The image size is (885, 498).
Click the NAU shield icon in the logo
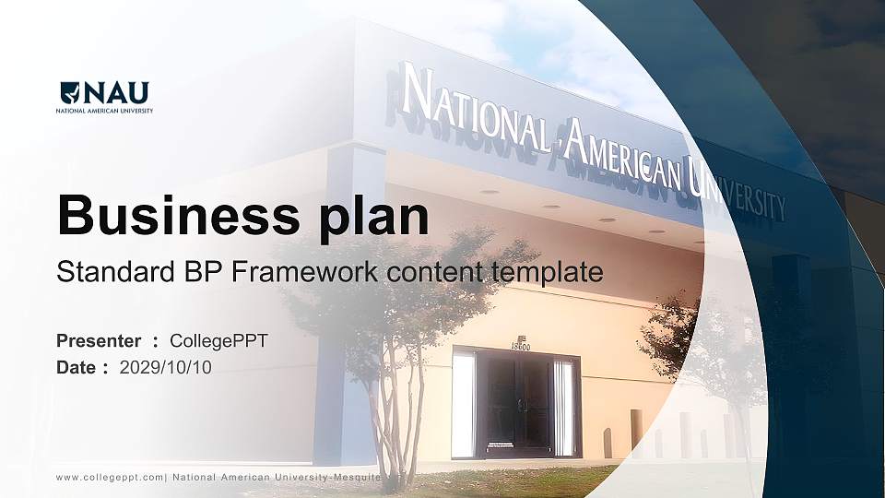click(69, 93)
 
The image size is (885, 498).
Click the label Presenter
click(99, 341)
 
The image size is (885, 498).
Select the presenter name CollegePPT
click(218, 341)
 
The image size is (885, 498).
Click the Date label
click(77, 367)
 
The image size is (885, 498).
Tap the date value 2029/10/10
click(166, 367)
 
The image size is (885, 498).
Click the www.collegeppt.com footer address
click(110, 477)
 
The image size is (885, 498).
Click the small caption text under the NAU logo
click(105, 111)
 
